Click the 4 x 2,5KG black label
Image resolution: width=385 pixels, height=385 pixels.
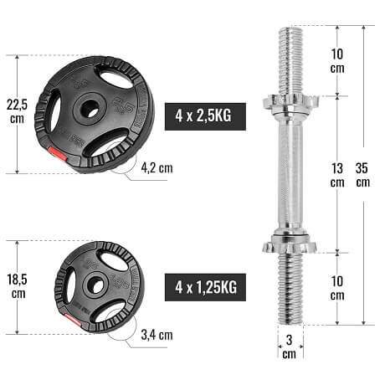pyautogui.click(x=205, y=116)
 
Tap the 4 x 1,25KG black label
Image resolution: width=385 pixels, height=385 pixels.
pyautogui.click(x=205, y=287)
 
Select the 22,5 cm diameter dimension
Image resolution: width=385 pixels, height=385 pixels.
pyautogui.click(x=17, y=111)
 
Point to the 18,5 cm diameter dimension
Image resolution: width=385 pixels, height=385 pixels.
pyautogui.click(x=17, y=286)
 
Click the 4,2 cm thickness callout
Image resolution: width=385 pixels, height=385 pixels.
pyautogui.click(x=157, y=168)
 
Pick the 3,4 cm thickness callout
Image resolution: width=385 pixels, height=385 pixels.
pyautogui.click(x=157, y=335)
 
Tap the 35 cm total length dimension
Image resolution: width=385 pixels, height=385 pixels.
pyautogui.click(x=363, y=175)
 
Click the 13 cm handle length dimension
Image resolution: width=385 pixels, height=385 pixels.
pyautogui.click(x=337, y=175)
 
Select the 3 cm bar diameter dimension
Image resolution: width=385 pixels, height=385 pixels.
pyautogui.click(x=290, y=346)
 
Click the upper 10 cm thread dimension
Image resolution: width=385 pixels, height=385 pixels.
pyautogui.click(x=337, y=61)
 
